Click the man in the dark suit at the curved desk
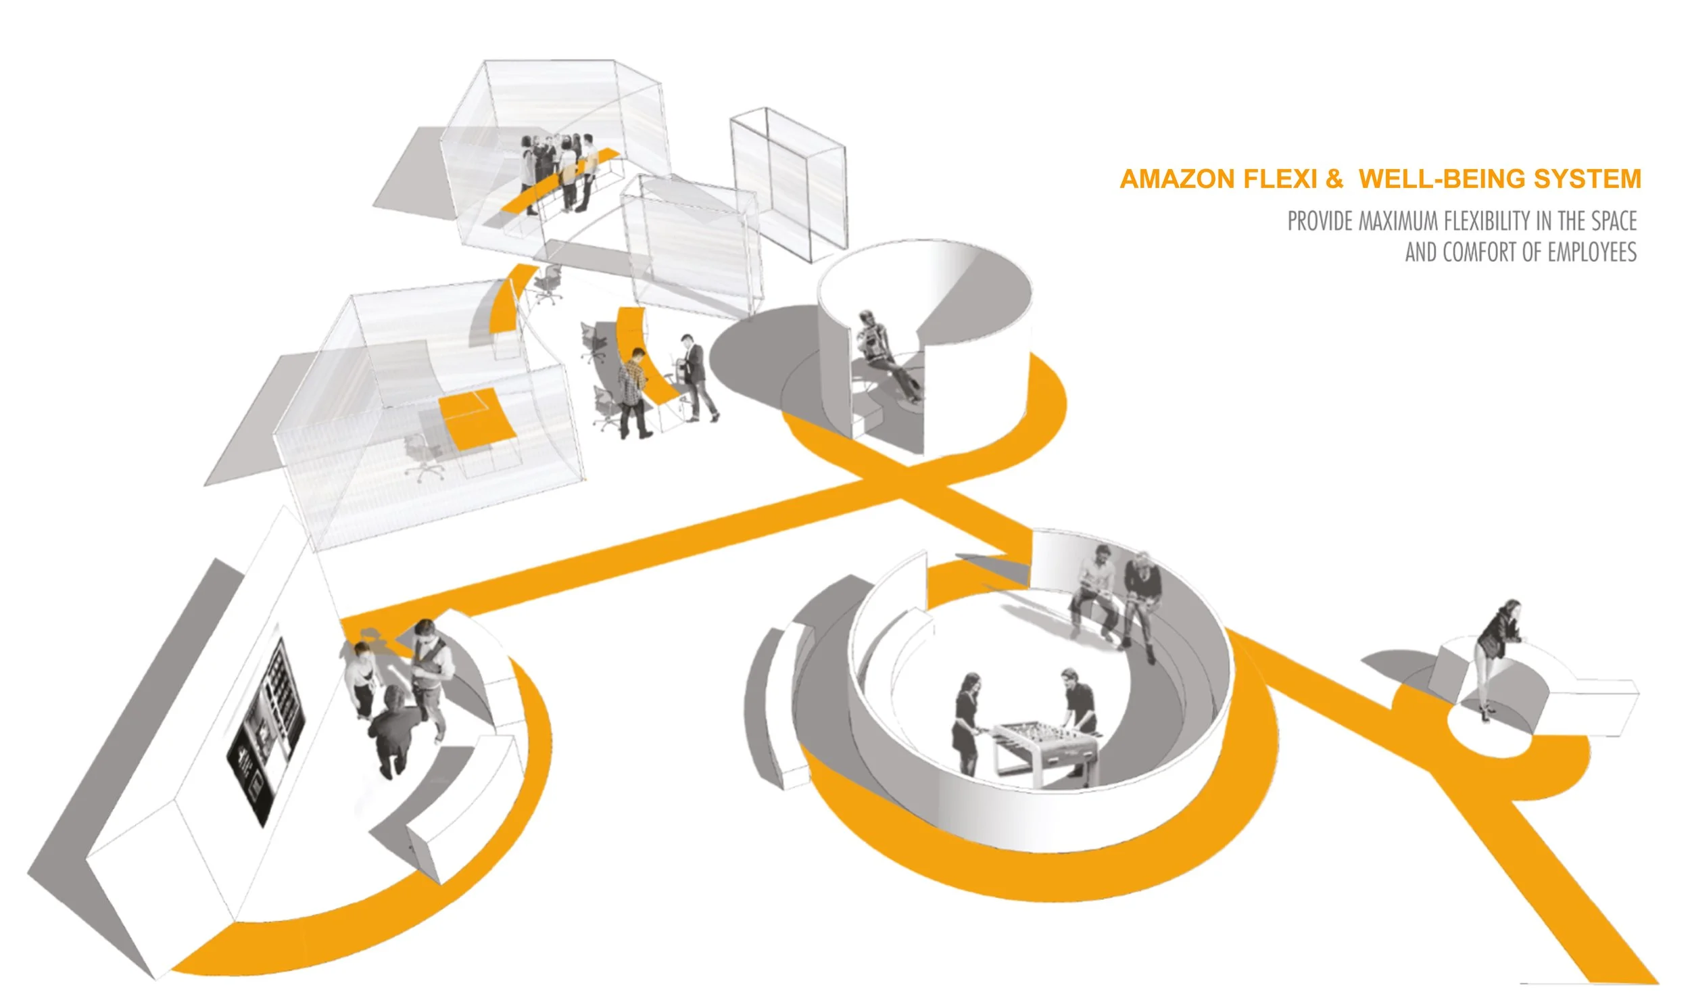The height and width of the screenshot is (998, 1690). (x=696, y=376)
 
